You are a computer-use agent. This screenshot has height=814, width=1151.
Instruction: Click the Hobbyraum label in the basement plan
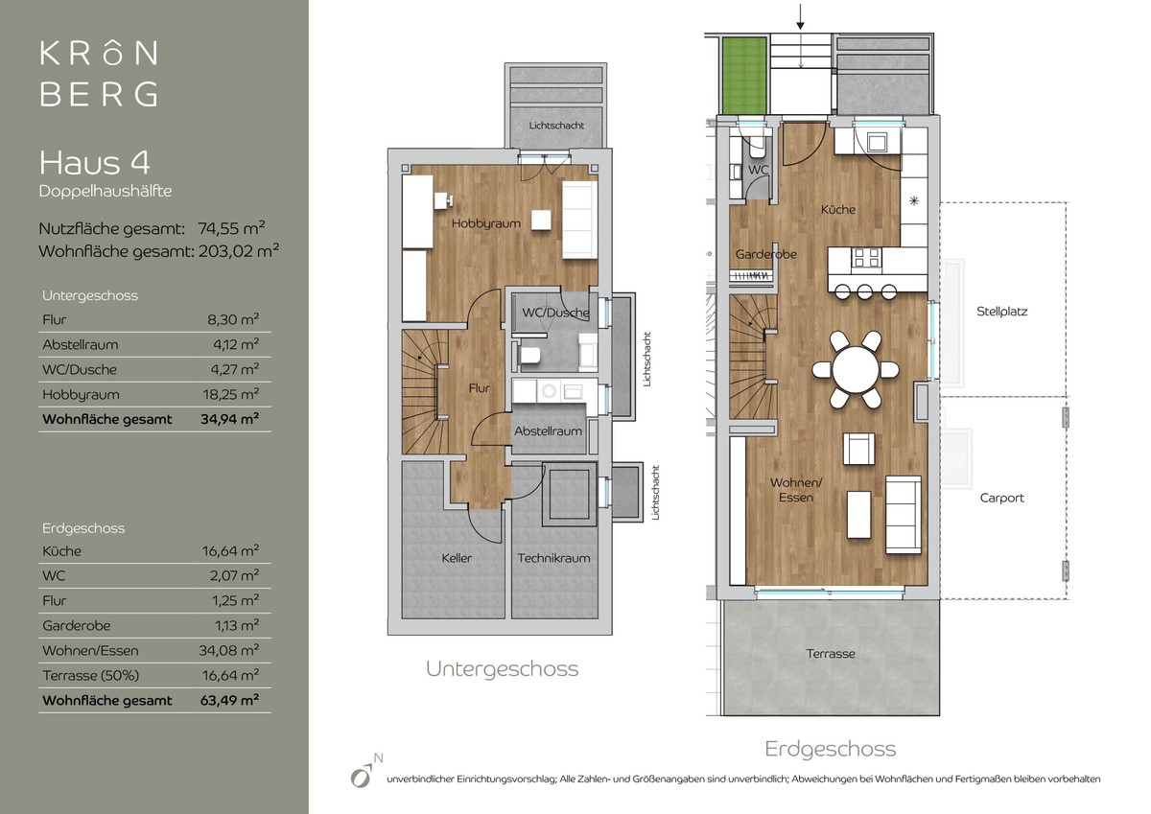486,224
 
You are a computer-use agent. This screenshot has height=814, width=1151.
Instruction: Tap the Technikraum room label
553,558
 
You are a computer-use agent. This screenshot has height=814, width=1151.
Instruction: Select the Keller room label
457,558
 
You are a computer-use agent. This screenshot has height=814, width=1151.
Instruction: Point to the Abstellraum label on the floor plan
548,431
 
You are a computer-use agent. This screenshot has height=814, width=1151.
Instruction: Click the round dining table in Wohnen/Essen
856,369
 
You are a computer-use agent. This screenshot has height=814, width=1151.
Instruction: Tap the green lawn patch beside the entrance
744,76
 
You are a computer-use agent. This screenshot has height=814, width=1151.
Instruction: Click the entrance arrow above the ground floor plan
800,16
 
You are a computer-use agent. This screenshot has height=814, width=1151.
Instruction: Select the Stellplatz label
1001,312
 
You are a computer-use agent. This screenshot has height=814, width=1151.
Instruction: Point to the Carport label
1001,499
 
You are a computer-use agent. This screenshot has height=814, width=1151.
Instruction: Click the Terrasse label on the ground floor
831,654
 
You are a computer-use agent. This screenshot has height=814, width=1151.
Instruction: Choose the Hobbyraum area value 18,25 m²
231,394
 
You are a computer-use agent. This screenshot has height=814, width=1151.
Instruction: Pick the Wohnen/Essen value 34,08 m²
229,651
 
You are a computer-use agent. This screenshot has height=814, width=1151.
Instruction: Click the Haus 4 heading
95,163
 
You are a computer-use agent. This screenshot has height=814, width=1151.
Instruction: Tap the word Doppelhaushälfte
106,191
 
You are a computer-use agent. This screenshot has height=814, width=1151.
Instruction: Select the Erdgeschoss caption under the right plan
831,750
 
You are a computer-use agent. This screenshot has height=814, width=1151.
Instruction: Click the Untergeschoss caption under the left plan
502,669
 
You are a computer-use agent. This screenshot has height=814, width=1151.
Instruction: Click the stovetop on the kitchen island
866,259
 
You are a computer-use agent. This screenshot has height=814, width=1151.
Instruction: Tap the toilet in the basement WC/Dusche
529,356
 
